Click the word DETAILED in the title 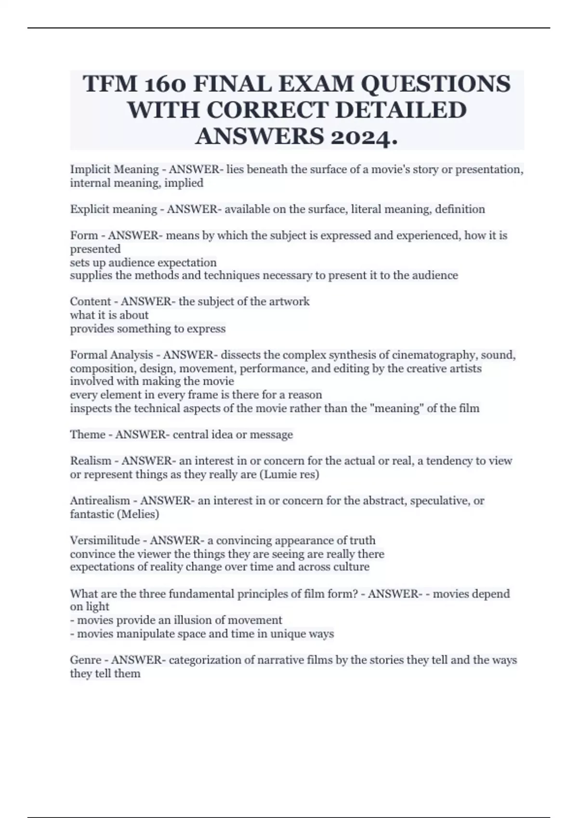pos(401,110)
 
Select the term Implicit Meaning pos(114,169)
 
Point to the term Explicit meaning pos(113,209)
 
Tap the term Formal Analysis pos(111,355)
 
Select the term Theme pos(87,435)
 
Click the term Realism pos(91,461)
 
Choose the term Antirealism pos(100,501)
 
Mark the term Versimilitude pos(105,540)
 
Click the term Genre pos(86,660)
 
